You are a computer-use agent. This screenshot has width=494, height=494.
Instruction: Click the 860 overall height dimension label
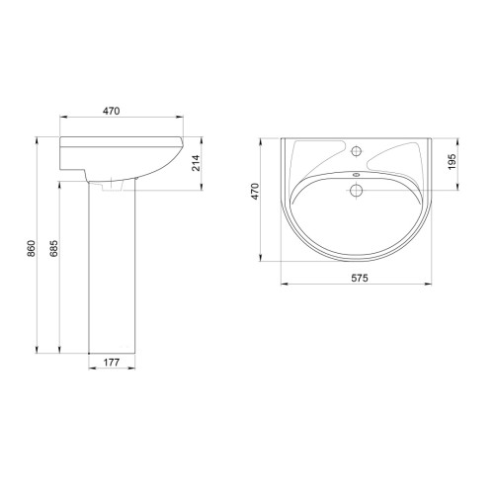(32, 249)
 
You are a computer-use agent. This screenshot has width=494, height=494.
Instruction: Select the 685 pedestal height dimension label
(54, 249)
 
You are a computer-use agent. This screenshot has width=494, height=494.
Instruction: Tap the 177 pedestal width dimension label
(112, 363)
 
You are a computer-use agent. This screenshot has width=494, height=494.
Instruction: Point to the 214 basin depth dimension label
(197, 163)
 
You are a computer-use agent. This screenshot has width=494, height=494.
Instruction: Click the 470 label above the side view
(112, 111)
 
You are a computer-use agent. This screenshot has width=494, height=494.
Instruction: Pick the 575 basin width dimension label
(360, 278)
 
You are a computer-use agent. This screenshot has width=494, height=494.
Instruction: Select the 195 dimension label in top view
(453, 161)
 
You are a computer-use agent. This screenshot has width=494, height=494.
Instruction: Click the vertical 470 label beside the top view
(255, 191)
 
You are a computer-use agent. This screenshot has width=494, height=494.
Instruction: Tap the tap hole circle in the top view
(357, 151)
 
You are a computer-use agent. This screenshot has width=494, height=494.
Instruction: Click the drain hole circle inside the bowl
(356, 190)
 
